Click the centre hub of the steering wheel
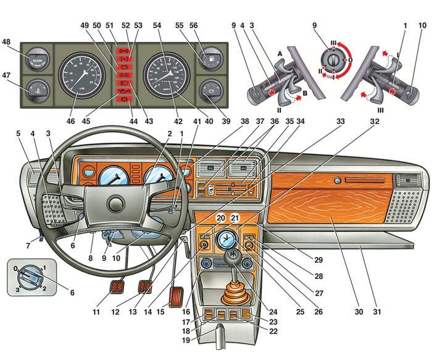coord(115,204)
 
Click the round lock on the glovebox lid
coord(338,182)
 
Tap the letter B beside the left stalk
coord(304,96)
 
